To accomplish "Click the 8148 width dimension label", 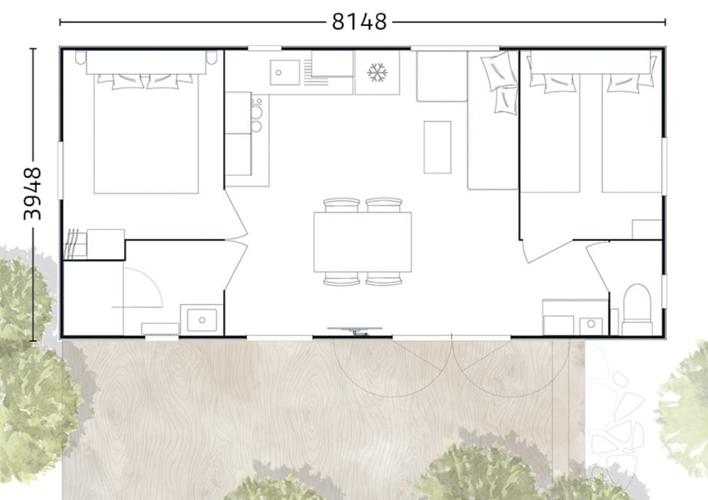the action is [360, 21].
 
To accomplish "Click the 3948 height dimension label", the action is [32, 194].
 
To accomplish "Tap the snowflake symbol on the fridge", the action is [377, 72].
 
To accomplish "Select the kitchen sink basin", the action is [285, 72].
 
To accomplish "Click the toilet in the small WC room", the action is [637, 309].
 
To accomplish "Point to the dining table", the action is [362, 242].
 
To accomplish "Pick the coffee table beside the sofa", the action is [437, 147].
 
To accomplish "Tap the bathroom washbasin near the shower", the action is [202, 320].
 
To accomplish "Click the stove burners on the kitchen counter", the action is [257, 115].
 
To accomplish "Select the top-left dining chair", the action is [342, 205].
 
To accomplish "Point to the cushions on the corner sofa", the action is [500, 82].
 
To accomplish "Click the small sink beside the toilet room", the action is [591, 324].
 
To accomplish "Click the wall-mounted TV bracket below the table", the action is [355, 331].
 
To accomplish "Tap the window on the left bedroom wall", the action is [60, 170].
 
